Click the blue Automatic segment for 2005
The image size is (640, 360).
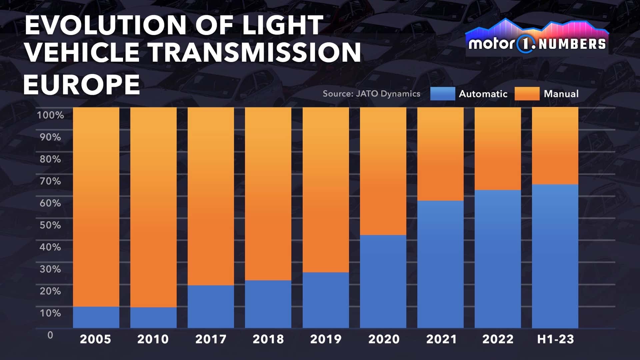pyautogui.click(x=96, y=317)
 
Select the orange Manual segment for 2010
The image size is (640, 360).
pyautogui.click(x=153, y=207)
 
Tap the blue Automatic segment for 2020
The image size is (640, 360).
pyautogui.click(x=383, y=282)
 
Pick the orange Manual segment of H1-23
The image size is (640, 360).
pyautogui.click(x=555, y=146)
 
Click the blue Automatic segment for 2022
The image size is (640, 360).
pyautogui.click(x=498, y=259)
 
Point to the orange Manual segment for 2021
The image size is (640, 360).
pyautogui.click(x=440, y=154)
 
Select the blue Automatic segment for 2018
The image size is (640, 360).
pyautogui.click(x=268, y=304)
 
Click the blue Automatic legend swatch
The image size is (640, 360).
pyautogui.click(x=442, y=94)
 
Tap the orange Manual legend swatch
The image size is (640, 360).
pyautogui.click(x=527, y=94)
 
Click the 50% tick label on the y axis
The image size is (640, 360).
pyautogui.click(x=50, y=225)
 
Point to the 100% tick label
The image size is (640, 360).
pyautogui.click(x=50, y=115)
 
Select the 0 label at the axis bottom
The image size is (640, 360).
pyautogui.click(x=50, y=335)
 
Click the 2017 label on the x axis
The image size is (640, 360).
pyautogui.click(x=211, y=339)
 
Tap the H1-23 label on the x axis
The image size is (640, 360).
pyautogui.click(x=555, y=339)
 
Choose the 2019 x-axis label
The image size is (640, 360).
pyautogui.click(x=326, y=339)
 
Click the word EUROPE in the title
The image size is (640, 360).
pyautogui.click(x=82, y=84)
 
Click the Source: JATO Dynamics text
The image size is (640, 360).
pyautogui.click(x=371, y=94)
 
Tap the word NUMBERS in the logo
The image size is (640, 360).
pyautogui.click(x=572, y=44)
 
